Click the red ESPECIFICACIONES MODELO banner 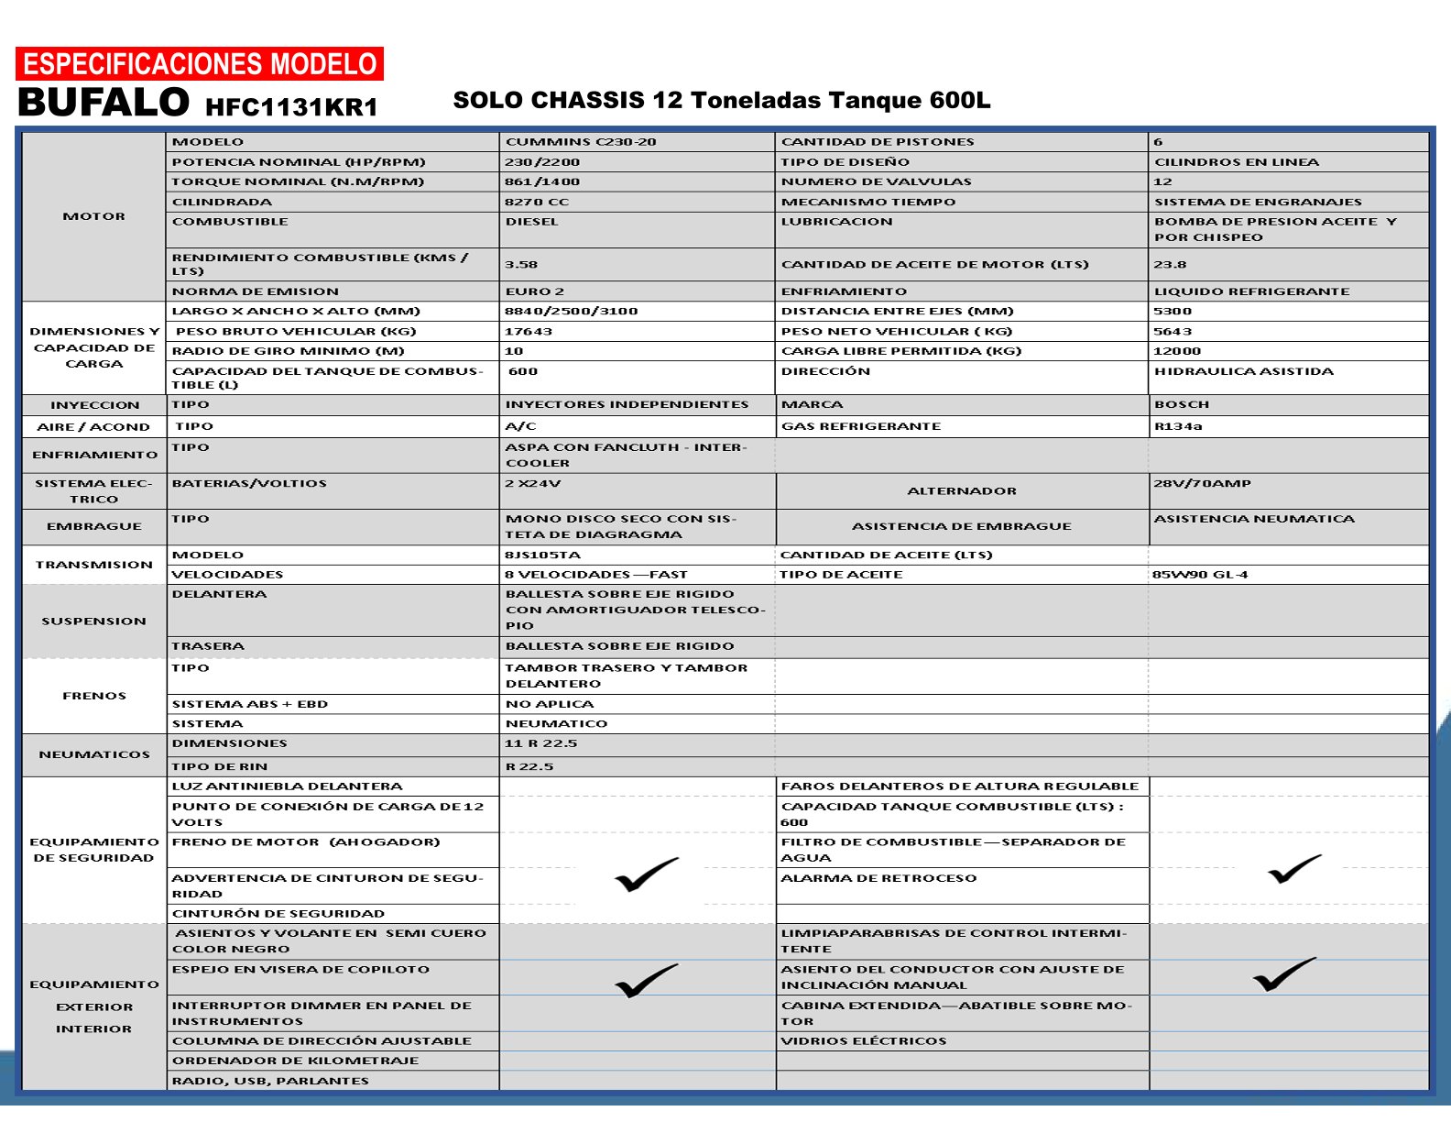point(200,64)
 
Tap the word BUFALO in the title point(104,103)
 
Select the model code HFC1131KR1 point(291,107)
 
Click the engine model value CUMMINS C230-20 point(581,142)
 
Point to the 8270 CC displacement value point(537,202)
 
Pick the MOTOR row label point(93,216)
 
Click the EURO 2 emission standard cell point(535,291)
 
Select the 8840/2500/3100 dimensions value point(571,311)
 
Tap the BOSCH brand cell point(1182,404)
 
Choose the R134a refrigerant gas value point(1178,426)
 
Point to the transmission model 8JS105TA point(542,555)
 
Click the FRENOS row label point(93,696)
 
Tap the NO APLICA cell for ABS point(550,704)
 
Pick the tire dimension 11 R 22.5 point(540,743)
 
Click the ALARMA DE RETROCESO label point(878,878)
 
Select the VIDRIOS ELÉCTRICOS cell point(864,1041)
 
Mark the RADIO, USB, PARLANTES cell point(270,1081)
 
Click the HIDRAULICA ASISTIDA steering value point(1243,371)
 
